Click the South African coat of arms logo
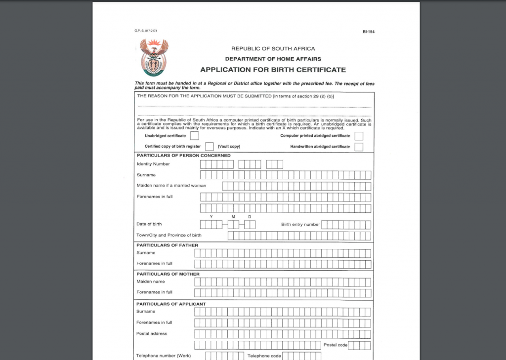click(154, 57)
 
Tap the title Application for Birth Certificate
click(273, 70)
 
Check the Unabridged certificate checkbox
click(195, 136)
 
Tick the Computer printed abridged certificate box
click(359, 136)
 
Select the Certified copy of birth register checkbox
click(210, 147)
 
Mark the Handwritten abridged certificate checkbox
click(359, 147)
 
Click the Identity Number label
click(153, 164)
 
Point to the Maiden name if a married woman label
click(171, 186)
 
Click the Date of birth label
click(149, 224)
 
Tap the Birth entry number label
click(300, 224)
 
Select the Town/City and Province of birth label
click(169, 235)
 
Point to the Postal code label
click(336, 345)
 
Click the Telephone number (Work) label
click(164, 356)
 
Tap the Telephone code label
click(264, 356)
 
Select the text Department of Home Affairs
click(273, 59)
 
